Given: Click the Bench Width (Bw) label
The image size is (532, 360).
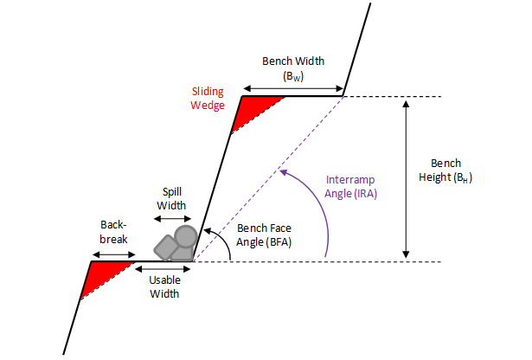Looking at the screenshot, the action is [x=293, y=68].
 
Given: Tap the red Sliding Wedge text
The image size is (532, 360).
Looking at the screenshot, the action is [x=208, y=98].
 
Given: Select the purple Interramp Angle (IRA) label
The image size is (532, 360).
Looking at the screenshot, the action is [x=350, y=186].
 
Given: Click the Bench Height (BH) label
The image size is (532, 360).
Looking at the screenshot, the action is [x=445, y=170].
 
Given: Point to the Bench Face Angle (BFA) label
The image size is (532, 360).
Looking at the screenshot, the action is [x=264, y=235].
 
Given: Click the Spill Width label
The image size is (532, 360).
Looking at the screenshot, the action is [x=171, y=198].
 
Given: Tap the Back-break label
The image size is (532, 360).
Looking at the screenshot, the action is [x=113, y=232].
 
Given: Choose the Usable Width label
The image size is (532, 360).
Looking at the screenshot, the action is [x=164, y=286].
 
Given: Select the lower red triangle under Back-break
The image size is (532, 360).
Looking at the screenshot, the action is [x=102, y=275].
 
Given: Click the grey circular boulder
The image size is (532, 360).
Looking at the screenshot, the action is [x=186, y=236].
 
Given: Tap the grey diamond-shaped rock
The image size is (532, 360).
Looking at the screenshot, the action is [x=166, y=247].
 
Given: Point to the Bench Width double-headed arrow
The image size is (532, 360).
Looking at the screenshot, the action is [x=293, y=89].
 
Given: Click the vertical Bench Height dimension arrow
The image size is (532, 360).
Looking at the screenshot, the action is [x=406, y=179].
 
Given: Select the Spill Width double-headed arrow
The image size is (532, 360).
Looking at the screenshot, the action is [x=172, y=219].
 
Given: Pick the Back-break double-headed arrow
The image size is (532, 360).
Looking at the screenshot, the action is [x=114, y=254].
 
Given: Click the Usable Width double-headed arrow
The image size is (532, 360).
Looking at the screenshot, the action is [x=163, y=269].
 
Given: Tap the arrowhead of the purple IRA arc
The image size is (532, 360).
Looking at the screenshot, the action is [x=284, y=173].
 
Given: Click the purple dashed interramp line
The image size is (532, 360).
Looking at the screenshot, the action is [x=268, y=179].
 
